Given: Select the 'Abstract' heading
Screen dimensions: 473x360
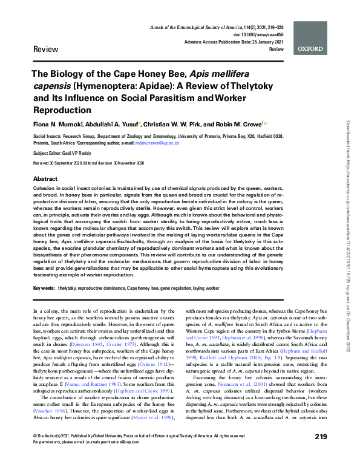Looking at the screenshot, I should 45,180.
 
